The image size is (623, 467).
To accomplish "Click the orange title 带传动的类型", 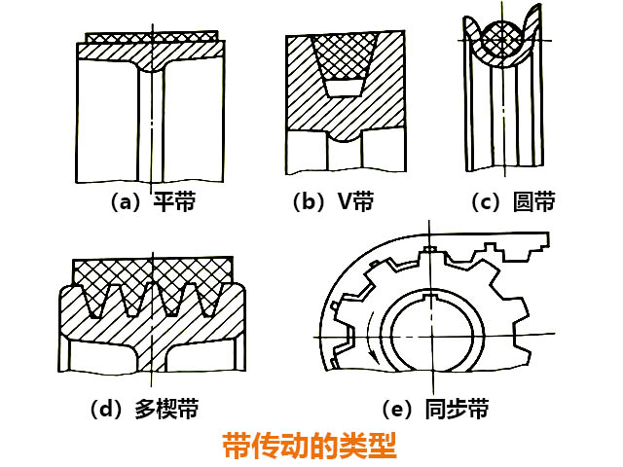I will (x=310, y=447).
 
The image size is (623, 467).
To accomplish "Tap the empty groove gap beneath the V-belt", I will (x=345, y=90).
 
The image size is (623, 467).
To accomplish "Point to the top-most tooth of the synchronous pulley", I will (x=427, y=254).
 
